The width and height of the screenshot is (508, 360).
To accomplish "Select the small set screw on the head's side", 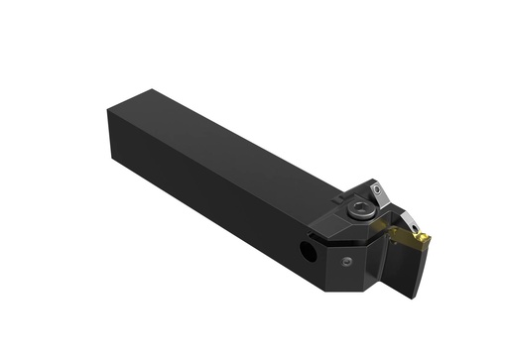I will pyautogui.click(x=346, y=261).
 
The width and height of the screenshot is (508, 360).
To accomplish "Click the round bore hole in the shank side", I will pyautogui.click(x=310, y=254).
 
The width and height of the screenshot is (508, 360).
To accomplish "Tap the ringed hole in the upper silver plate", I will pyautogui.click(x=379, y=188).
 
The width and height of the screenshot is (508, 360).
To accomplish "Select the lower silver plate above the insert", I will pyautogui.click(x=410, y=217).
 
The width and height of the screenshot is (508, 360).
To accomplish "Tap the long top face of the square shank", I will pyautogui.click(x=228, y=150).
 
